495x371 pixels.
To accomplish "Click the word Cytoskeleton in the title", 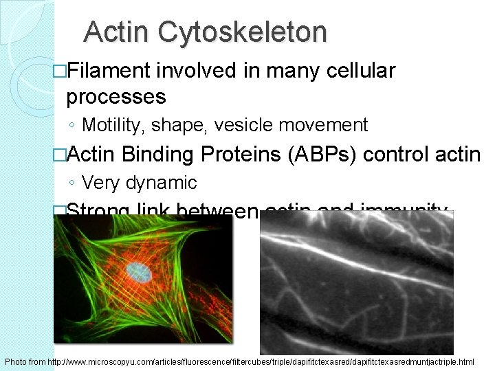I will pyautogui.click(x=243, y=32).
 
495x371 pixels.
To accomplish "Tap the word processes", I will pyautogui.click(x=116, y=97).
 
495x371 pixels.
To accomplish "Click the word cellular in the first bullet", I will pyautogui.click(x=360, y=71).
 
